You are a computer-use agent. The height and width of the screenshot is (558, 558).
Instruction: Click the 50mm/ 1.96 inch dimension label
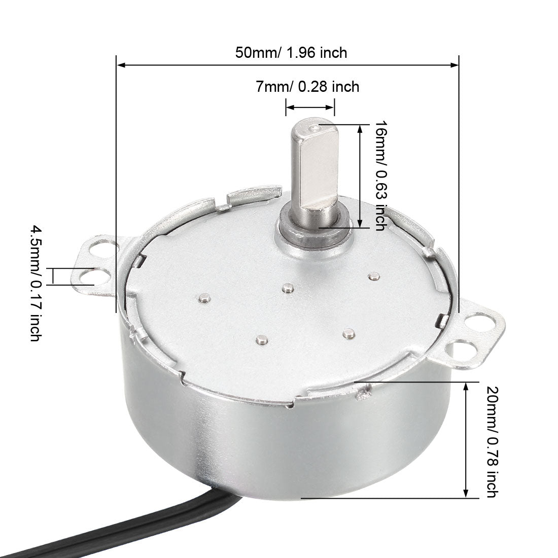pyautogui.click(x=291, y=53)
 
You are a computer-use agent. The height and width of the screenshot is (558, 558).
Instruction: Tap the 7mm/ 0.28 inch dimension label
pyautogui.click(x=307, y=86)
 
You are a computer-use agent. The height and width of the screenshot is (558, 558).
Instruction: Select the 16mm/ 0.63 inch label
pyautogui.click(x=381, y=176)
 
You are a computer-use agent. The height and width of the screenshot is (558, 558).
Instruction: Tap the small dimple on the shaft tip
pyautogui.click(x=315, y=128)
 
